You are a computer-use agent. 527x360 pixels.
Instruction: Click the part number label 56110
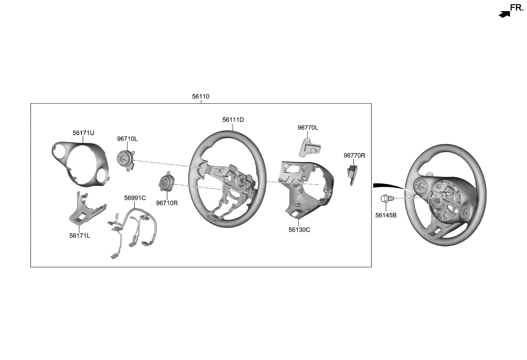click(x=201, y=96)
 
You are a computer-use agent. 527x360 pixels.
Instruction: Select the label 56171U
click(x=83, y=133)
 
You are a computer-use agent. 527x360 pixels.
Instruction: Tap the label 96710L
click(x=127, y=139)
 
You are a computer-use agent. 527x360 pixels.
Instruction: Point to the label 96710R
click(x=167, y=203)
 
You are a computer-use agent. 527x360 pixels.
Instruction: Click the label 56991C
click(x=135, y=198)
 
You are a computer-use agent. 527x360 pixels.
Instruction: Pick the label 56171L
click(x=79, y=235)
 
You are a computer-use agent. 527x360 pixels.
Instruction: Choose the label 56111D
click(x=233, y=120)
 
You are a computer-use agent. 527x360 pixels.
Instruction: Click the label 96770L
click(x=308, y=128)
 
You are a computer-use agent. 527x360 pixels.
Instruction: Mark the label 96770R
click(x=354, y=156)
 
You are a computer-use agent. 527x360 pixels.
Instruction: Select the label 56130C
click(x=299, y=230)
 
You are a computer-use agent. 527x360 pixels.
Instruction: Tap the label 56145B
click(x=386, y=215)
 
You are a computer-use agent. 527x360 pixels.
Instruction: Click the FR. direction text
click(x=517, y=8)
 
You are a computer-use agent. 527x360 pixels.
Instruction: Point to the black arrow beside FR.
click(x=504, y=14)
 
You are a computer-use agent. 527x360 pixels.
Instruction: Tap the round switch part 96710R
click(x=166, y=183)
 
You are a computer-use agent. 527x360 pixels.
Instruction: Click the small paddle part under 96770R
click(x=352, y=174)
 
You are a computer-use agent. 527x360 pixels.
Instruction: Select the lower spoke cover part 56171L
click(x=83, y=210)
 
